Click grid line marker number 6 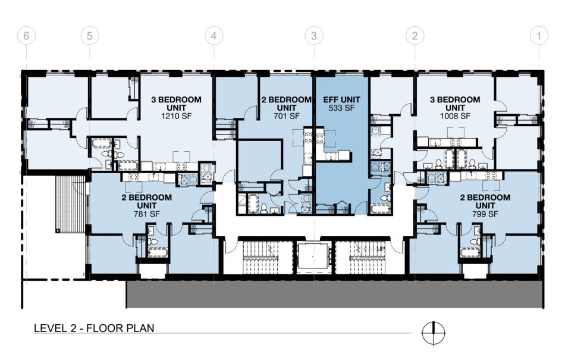pos(26,36)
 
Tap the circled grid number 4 pos(214,36)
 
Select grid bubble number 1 pos(539,36)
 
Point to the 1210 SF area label pos(176,116)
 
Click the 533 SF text pos(341,108)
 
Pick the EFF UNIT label pos(341,99)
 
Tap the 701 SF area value pos(287,116)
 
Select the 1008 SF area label pos(455,116)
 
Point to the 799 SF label pos(485,214)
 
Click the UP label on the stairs pos(381,249)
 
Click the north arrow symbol pos(434,333)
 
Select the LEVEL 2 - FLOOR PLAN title pos(94,328)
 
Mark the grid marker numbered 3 pos(314,36)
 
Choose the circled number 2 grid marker pos(415,36)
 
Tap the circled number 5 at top pos(89,36)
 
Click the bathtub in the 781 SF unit pos(158,252)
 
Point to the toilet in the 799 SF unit pos(476,242)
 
